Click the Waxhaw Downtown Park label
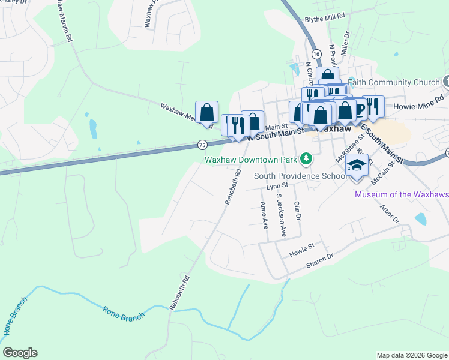(x=251, y=160)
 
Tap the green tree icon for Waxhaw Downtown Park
(x=307, y=159)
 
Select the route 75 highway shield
(x=202, y=145)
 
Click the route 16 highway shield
(x=316, y=54)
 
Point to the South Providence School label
(x=300, y=176)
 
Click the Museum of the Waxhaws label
(x=402, y=194)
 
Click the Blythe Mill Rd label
(x=325, y=19)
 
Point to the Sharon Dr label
(x=319, y=259)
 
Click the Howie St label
(x=302, y=247)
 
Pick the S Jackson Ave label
(x=280, y=214)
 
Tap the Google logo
(x=20, y=353)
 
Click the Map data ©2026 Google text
(x=411, y=355)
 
